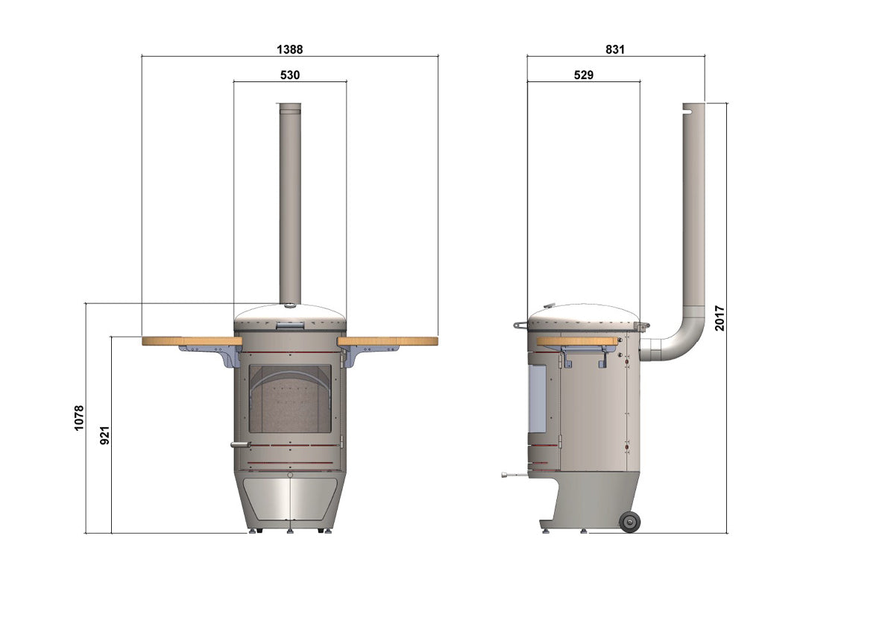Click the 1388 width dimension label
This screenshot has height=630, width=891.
(x=290, y=49)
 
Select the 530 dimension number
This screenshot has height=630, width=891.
(x=290, y=75)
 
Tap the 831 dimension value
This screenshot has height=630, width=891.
(x=615, y=49)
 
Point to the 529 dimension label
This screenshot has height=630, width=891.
(x=584, y=75)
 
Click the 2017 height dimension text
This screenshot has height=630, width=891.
(x=720, y=318)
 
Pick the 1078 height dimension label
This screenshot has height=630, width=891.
(x=79, y=418)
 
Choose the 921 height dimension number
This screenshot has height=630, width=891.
(x=104, y=435)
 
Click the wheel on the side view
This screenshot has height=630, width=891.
(x=629, y=521)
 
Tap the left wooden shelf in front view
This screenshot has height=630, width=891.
(x=192, y=341)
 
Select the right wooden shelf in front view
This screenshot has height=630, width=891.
(x=388, y=341)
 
